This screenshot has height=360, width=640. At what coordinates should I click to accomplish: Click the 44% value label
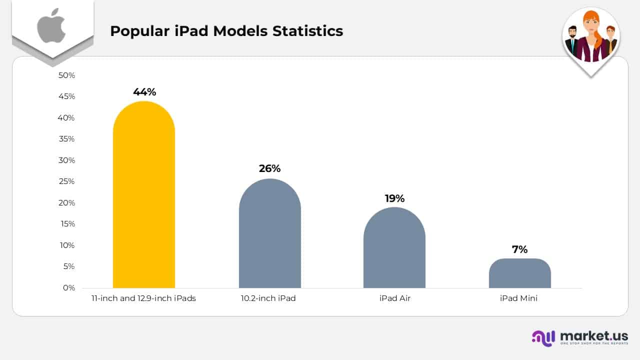(x=144, y=92)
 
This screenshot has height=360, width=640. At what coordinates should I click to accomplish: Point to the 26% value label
(x=270, y=168)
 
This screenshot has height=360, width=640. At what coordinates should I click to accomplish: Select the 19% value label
(x=394, y=198)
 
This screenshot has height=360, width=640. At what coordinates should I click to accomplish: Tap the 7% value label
(x=520, y=249)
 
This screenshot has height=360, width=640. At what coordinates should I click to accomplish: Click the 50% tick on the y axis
(x=66, y=75)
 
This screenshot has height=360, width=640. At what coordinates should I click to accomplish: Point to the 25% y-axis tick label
(x=66, y=181)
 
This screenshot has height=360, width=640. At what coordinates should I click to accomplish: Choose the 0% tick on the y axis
(x=68, y=288)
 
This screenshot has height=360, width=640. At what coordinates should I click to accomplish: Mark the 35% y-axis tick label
(x=66, y=139)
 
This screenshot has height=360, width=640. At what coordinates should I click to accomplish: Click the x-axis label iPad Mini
(x=520, y=298)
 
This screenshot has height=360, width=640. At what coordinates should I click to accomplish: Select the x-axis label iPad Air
(x=394, y=298)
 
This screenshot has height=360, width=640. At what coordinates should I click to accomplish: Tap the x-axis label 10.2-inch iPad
(x=268, y=298)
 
